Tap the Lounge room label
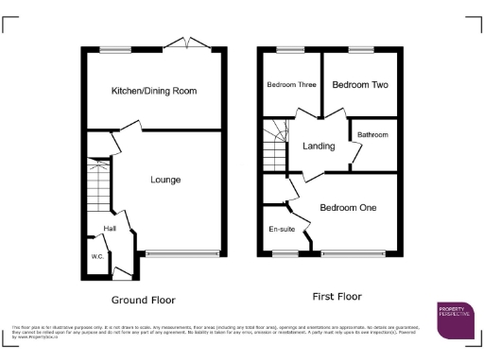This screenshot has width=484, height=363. click(165, 180)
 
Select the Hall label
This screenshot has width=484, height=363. click(110, 230)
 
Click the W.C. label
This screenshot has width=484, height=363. click(96, 256)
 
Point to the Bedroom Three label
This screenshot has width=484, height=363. click(290, 85)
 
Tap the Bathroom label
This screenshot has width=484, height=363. click(372, 135)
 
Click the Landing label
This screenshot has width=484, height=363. click(319, 147)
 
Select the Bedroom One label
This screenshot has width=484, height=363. click(348, 208)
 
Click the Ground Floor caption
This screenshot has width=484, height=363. click(144, 300)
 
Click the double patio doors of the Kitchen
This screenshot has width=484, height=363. click(185, 43)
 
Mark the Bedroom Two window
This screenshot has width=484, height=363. click(360, 49)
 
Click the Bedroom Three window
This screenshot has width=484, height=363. click(289, 49)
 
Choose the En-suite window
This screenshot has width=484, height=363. click(283, 253)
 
